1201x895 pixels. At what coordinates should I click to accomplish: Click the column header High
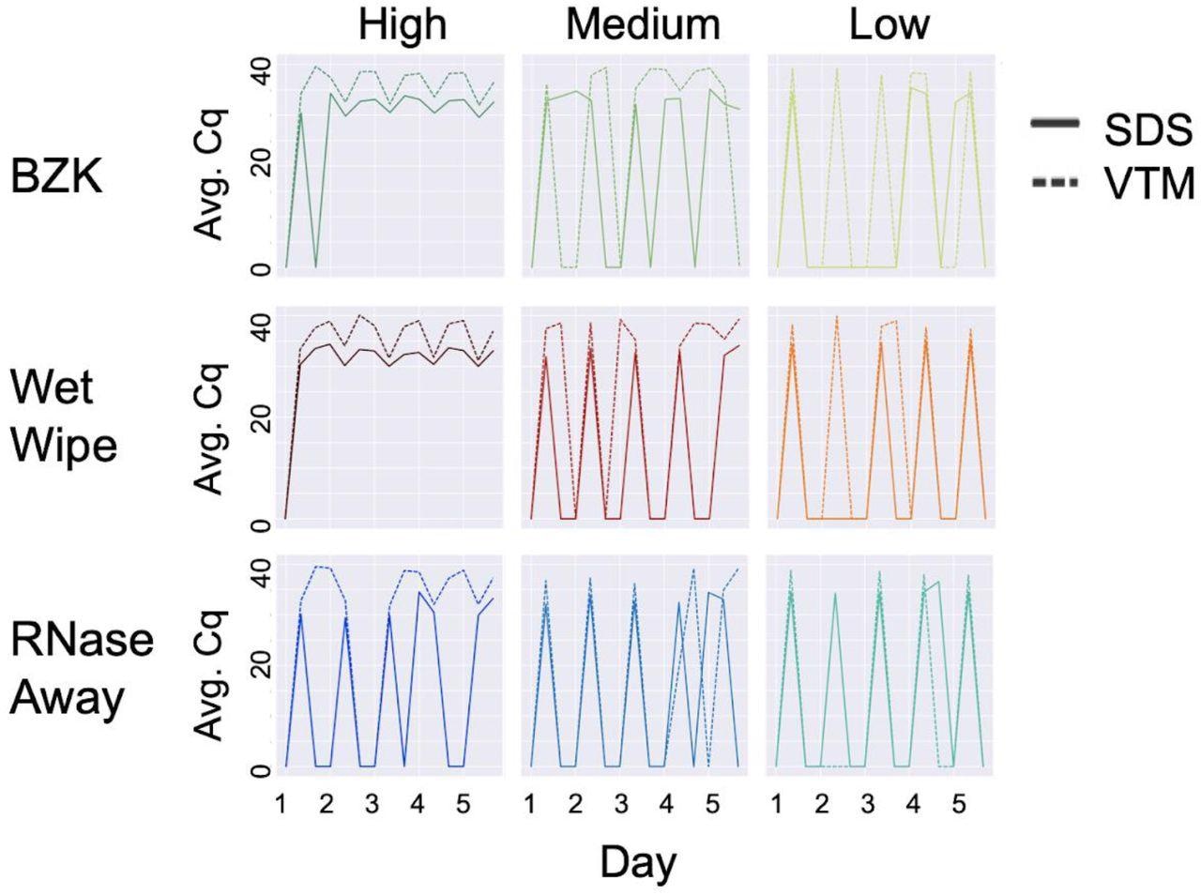403,25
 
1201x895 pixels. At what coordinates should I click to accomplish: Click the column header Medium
643,25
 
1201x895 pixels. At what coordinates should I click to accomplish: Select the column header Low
889,25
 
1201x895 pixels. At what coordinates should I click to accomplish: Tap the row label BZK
55,176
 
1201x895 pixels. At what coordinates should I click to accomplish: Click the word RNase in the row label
82,641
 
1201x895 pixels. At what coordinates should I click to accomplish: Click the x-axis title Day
637,860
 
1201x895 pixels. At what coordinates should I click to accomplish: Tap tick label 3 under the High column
372,805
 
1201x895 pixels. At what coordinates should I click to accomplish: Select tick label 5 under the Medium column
711,805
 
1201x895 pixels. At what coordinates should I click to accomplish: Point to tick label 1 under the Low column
776,805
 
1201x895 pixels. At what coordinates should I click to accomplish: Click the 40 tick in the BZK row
261,69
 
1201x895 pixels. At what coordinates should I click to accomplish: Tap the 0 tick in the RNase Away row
261,771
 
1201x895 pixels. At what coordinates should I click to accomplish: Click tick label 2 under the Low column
821,805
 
